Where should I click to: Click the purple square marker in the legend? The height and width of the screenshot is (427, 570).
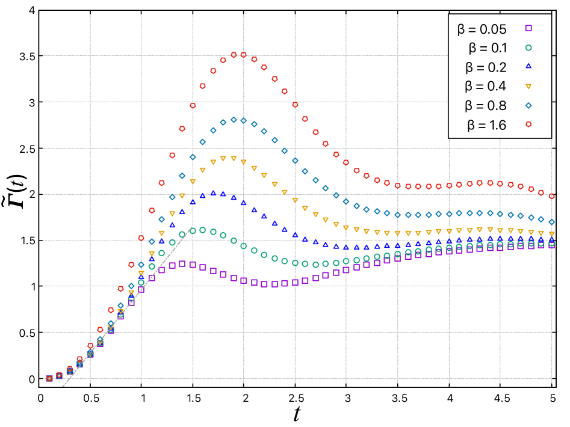point(528,28)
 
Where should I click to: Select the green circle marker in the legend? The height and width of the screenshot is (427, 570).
point(528,48)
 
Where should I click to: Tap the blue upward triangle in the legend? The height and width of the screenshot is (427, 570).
point(528,66)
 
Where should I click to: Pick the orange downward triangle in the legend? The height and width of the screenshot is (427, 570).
point(528,87)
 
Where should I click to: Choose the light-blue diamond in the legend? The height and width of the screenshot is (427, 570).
point(528,105)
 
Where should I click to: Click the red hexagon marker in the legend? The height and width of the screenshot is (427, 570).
point(528,124)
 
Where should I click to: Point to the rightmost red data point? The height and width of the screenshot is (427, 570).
point(551,197)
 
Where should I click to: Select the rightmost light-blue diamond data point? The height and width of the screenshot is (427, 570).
point(551,222)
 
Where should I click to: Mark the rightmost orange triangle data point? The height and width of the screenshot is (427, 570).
point(551,234)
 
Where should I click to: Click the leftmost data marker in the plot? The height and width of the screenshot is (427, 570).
point(49,379)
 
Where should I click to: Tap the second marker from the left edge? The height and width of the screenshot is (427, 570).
point(60,376)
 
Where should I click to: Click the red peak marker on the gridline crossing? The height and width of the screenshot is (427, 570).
point(244,55)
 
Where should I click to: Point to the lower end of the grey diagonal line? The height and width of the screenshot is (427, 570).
point(61,388)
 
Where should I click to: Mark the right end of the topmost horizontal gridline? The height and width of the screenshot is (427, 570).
point(448,55)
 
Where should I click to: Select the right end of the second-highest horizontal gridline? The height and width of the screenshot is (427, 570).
point(448,102)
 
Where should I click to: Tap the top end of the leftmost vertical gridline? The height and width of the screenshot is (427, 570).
point(90,15)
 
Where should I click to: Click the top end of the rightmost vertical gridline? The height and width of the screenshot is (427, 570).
point(551,140)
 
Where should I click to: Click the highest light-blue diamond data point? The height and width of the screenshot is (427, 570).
point(234,120)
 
